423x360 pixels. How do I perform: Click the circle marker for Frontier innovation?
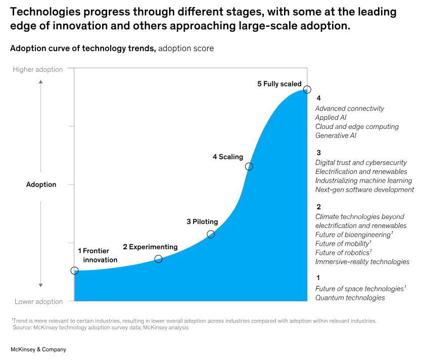75,271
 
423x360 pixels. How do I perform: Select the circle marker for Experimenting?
158,259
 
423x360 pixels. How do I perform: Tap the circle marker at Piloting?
211,234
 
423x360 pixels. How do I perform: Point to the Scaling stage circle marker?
249,166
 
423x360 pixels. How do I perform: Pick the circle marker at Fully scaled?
307,89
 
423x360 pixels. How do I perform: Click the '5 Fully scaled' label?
279,84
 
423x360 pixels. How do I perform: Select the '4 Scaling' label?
227,157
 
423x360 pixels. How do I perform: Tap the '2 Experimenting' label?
150,247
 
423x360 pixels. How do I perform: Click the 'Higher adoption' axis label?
38,69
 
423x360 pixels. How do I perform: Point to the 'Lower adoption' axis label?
39,302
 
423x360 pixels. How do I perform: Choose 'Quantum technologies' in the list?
350,298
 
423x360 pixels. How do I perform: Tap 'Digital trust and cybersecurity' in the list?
361,162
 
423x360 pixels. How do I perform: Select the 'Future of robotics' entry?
342,252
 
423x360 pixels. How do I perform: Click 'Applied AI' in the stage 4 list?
331,117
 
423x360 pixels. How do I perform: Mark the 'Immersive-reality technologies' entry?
362,261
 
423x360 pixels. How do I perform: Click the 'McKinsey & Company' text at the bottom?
38,349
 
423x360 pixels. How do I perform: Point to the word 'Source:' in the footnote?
23,328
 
